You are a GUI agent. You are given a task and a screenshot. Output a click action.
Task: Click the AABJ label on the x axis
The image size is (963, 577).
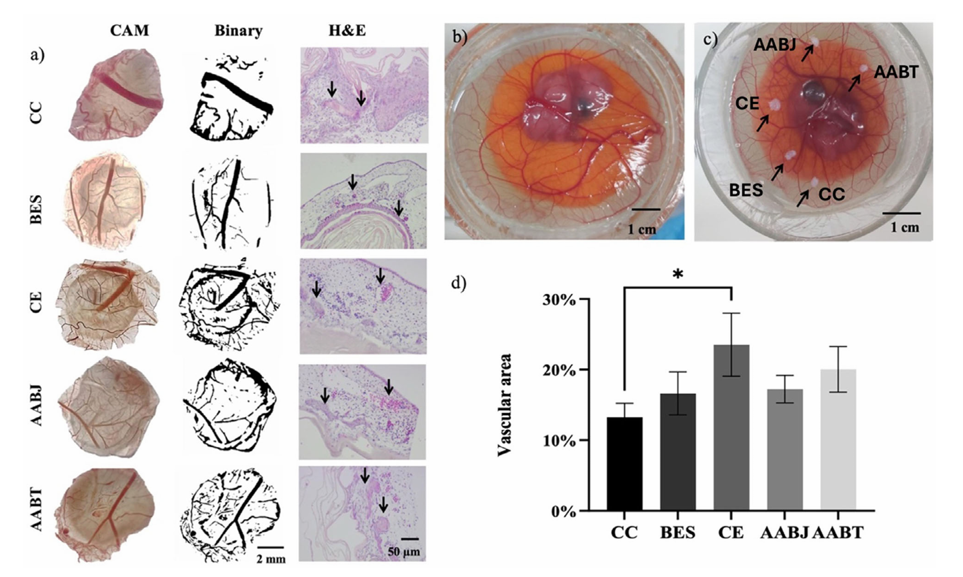point(784,532)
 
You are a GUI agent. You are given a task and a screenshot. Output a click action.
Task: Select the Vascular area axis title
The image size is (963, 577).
point(505,404)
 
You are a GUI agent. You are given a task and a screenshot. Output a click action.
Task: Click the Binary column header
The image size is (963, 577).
point(238,31)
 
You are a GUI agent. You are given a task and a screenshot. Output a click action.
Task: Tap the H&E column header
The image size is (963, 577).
point(347,31)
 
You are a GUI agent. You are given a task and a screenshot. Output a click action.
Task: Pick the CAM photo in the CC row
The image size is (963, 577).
point(114,95)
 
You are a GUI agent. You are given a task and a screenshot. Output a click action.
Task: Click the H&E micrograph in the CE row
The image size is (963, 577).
point(363,305)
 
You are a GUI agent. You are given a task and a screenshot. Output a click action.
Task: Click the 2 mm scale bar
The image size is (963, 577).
point(271,546)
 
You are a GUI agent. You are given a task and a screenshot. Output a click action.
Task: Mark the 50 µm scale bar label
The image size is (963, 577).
point(404,552)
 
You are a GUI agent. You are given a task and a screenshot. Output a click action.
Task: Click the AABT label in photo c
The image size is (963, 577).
point(896,73)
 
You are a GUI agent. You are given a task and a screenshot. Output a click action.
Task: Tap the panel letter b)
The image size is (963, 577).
point(459,37)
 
